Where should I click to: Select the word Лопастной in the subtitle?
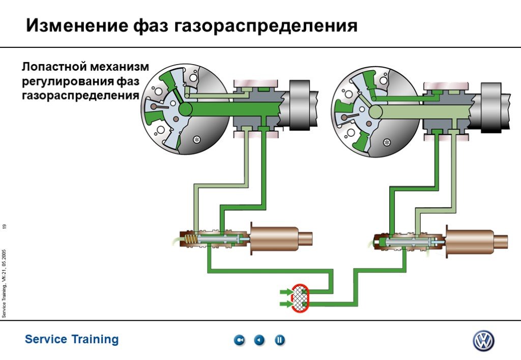point(54,67)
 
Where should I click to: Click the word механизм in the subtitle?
point(120,67)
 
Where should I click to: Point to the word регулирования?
point(68,82)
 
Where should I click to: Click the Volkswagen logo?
point(483,341)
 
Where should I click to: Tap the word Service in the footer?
point(46,339)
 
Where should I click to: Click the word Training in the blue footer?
point(95,340)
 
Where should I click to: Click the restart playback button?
point(239,340)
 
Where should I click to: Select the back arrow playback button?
point(259,340)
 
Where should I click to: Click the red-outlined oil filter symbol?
point(300,298)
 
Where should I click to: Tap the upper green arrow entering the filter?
point(286,292)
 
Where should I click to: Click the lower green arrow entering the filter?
point(286,304)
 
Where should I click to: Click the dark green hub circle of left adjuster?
point(185,109)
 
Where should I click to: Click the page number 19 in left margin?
point(4,226)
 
